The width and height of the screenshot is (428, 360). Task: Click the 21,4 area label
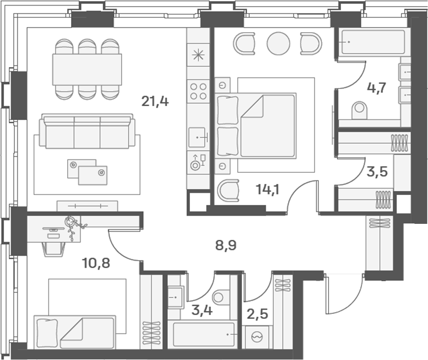point(155,101)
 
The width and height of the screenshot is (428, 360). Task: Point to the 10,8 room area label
point(96,262)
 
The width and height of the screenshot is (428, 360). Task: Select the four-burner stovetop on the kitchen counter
point(199,91)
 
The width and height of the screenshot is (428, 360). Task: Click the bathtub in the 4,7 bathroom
point(372,42)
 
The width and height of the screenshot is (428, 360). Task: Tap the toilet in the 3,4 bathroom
point(220,298)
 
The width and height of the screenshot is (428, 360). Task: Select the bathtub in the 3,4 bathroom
point(203,334)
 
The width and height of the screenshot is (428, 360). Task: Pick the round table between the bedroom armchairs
point(278,43)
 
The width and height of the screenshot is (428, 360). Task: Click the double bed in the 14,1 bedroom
point(261,126)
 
